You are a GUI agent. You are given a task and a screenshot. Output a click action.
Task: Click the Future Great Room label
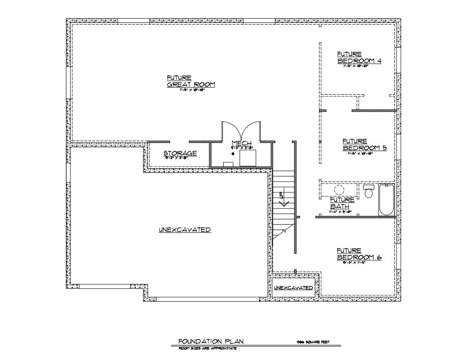click(x=191, y=82)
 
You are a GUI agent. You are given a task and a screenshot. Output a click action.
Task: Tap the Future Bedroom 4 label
click(x=360, y=58)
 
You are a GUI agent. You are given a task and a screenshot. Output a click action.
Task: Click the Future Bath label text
click(x=341, y=204)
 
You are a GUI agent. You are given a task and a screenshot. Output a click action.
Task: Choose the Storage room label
click(x=179, y=154)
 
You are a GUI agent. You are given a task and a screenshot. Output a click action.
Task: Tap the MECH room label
click(x=242, y=143)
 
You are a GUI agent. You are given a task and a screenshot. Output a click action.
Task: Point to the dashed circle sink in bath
click(x=339, y=190)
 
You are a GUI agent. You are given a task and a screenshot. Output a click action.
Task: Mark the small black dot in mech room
click(x=234, y=154)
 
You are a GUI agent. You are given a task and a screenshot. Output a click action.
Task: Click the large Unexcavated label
click(x=185, y=229)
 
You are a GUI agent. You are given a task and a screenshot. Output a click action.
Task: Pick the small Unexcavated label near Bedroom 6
click(x=293, y=288)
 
